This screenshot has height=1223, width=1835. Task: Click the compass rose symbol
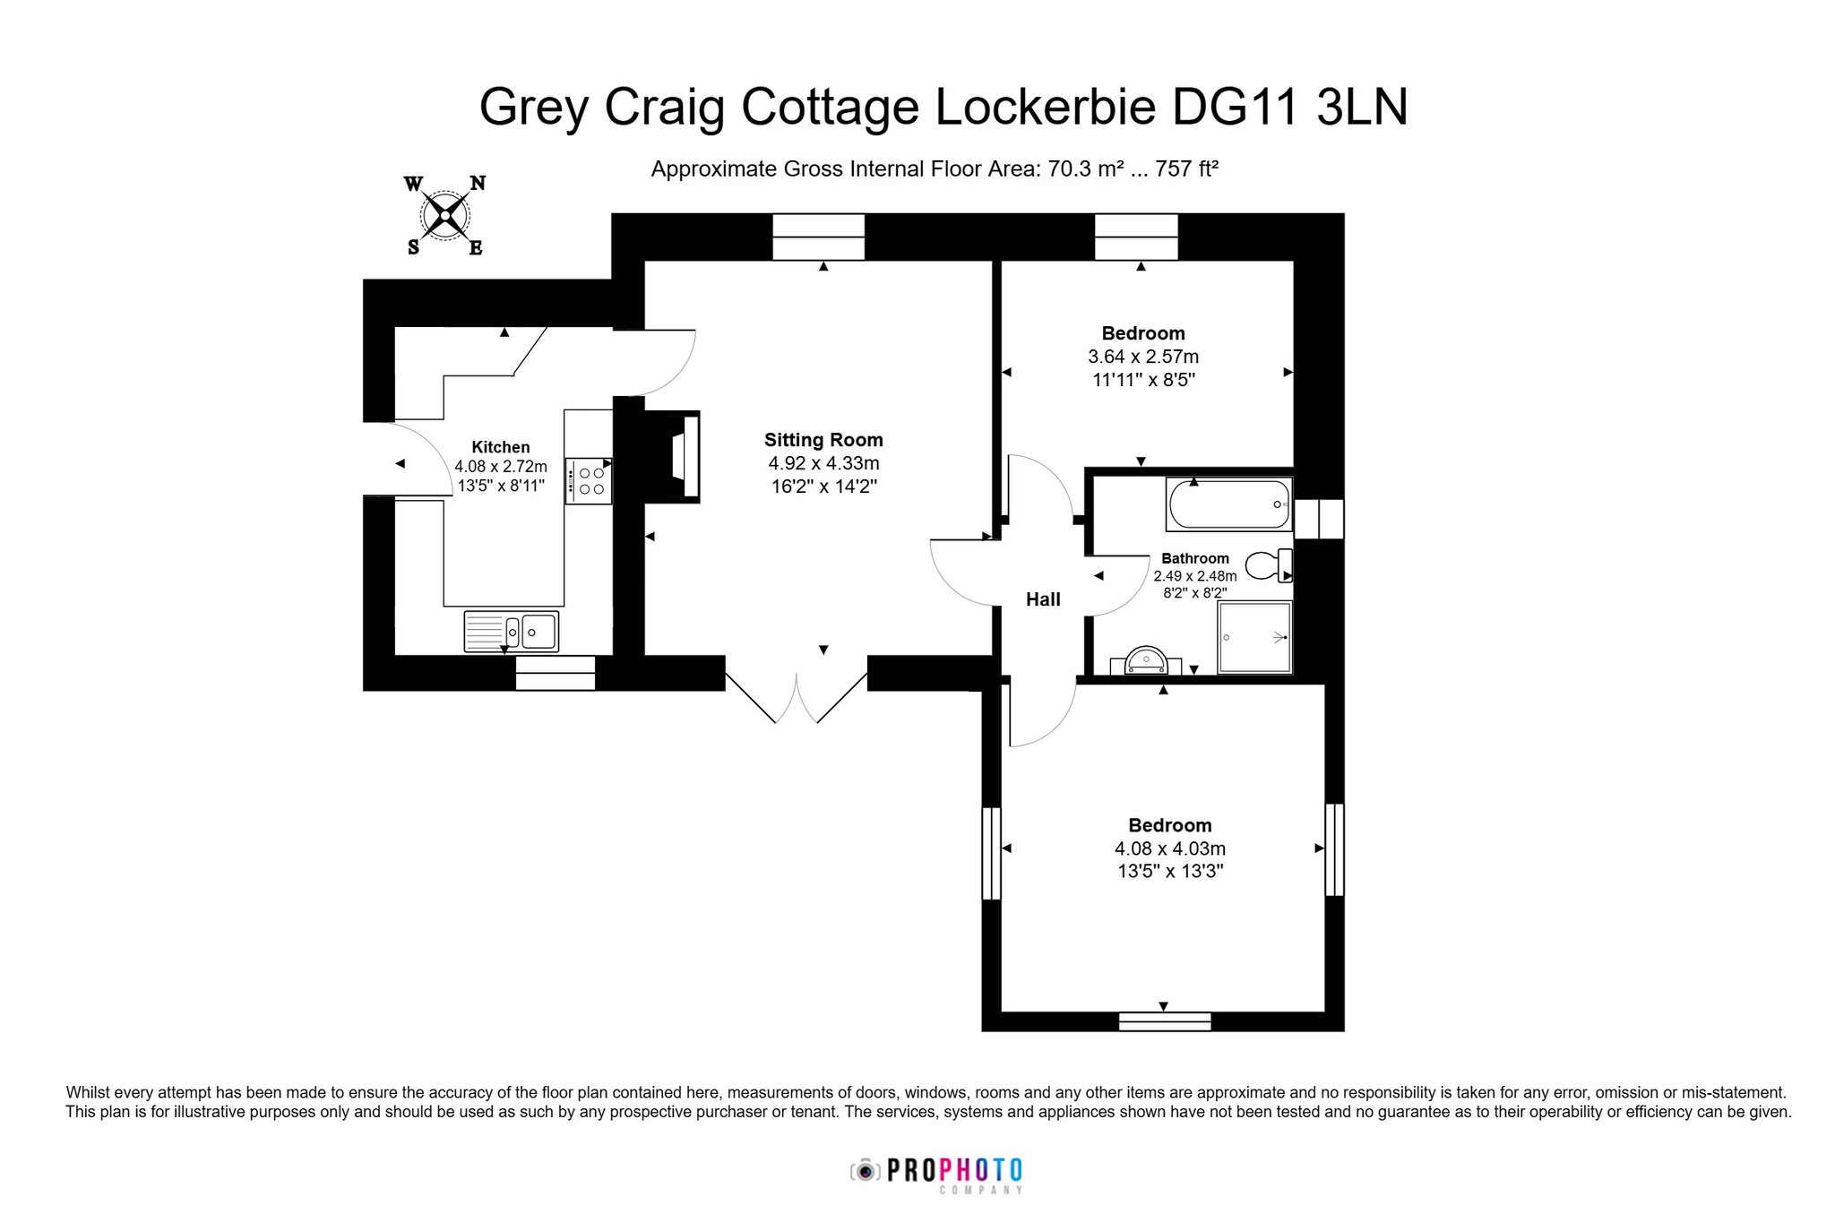coord(444,215)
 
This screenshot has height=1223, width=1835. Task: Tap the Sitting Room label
coord(823,440)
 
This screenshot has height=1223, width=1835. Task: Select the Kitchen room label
coord(501,447)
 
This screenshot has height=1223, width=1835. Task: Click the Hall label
coord(1043,599)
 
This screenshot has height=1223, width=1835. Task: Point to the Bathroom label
coord(1195,558)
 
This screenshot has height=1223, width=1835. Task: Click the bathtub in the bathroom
coord(1229,504)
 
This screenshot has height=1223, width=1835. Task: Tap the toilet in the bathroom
coord(1269,565)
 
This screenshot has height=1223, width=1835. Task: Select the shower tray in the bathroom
coord(1254,637)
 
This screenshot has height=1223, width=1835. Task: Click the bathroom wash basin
coord(1146,660)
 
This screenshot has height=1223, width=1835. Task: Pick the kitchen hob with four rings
coord(588,480)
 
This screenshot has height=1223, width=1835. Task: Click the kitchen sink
coord(511,631)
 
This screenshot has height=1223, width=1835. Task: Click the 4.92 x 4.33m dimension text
coord(823,463)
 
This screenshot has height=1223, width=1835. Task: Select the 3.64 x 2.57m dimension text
coord(1143,357)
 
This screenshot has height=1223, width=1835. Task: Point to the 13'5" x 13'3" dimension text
coord(1170,872)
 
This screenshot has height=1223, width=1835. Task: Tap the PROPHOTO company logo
coord(936,1174)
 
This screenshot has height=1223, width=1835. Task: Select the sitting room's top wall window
coord(819,237)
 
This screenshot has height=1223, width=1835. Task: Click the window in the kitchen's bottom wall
coord(556,673)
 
